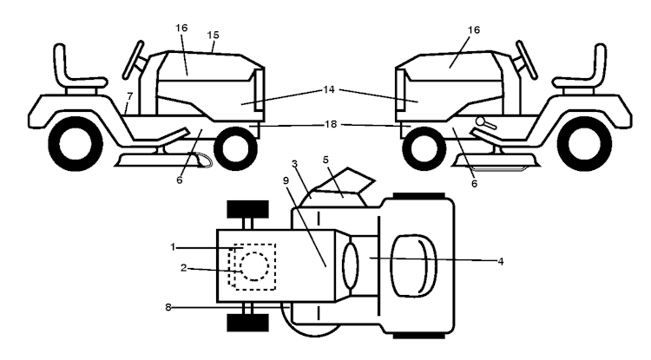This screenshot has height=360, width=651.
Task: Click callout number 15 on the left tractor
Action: point(213,36)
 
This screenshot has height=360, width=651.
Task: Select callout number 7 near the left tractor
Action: point(130,96)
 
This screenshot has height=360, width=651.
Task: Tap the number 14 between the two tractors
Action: point(329,89)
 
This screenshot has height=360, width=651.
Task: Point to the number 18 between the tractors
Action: point(331,124)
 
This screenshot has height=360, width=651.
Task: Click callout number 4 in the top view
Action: point(501,261)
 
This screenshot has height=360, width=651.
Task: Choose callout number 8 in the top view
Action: point(168,307)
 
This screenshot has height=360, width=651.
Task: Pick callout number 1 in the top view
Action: point(173,247)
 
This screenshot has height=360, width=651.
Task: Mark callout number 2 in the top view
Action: point(183,268)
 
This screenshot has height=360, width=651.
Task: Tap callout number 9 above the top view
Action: point(286,180)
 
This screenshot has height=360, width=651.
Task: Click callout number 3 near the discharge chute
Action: point(295,164)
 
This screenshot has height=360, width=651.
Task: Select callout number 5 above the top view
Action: point(325,160)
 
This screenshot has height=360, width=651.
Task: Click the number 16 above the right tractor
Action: point(474,29)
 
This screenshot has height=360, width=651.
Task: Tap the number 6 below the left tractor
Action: point(180,180)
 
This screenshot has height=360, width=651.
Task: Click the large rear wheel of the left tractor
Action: point(76,143)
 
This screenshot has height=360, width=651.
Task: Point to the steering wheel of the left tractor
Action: point(134,60)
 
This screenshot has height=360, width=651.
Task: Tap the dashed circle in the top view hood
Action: point(254,266)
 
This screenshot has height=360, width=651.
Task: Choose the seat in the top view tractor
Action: point(413,265)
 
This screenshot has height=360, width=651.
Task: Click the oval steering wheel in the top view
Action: point(350,266)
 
